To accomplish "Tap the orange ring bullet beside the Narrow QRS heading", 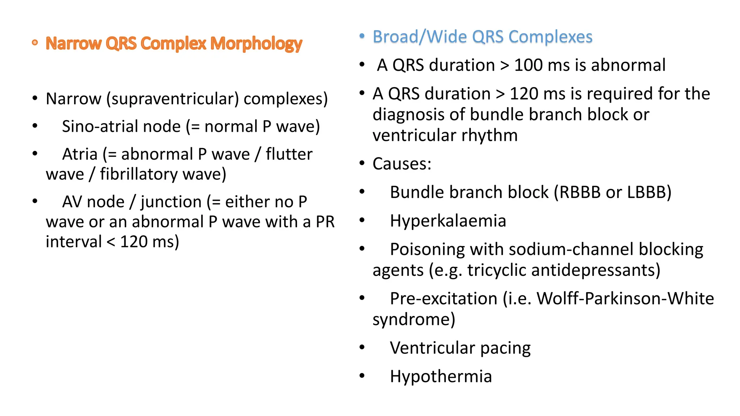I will click(35, 43).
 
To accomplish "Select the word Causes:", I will click(402, 164).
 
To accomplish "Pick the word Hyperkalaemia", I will click(448, 221).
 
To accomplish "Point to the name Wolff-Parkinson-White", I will click(625, 299).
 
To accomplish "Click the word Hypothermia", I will click(441, 377).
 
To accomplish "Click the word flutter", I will click(289, 155).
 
